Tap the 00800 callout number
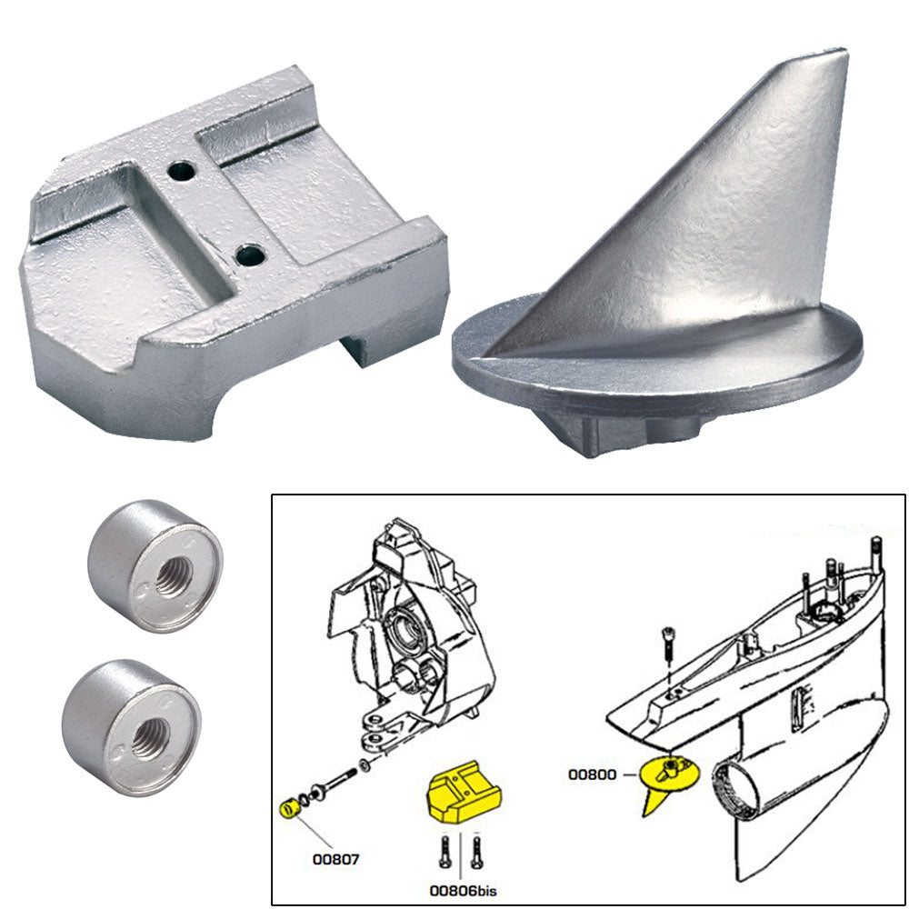593,774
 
